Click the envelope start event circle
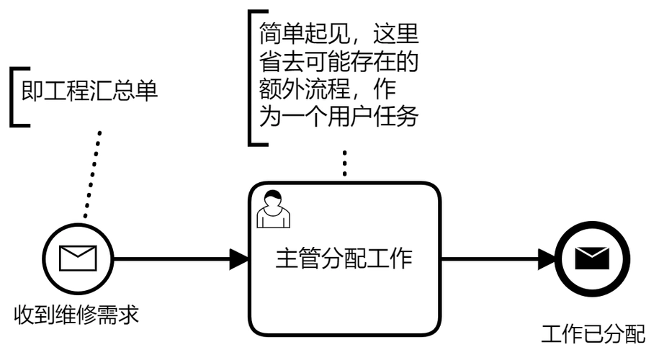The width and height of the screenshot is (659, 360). (77, 258)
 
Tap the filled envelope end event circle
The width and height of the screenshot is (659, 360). (591, 258)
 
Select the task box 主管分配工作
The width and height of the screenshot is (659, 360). (344, 288)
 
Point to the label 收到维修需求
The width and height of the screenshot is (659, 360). (76, 314)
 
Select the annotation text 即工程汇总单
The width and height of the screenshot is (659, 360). (90, 93)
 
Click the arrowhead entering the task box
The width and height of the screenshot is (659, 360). (239, 258)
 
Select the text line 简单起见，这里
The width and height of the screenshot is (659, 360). (339, 35)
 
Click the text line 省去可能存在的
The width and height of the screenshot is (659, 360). (339, 62)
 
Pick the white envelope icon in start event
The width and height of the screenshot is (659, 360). (77, 258)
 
